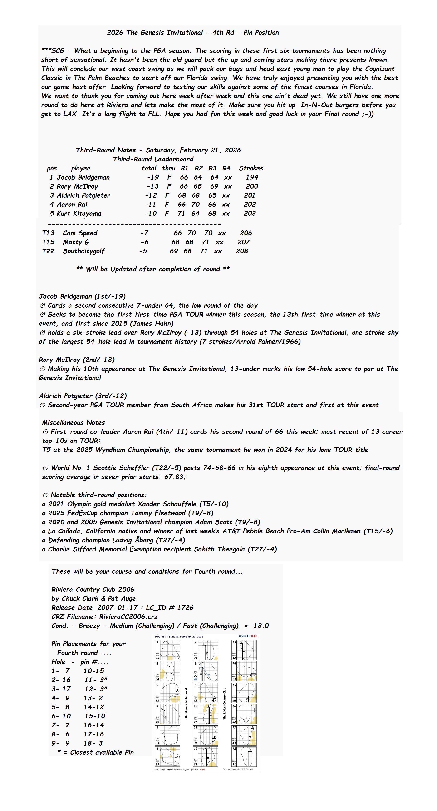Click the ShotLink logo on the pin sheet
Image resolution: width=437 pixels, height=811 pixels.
248,636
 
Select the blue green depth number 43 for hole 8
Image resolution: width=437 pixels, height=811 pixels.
195,679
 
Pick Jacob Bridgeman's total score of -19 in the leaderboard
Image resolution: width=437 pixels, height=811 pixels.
153,177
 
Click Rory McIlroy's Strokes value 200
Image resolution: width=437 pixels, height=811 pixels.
252,186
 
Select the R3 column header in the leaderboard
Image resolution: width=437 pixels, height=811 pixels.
212,168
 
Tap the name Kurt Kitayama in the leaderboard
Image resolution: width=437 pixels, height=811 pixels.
79,213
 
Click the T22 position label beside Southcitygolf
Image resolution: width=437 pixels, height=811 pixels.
48,251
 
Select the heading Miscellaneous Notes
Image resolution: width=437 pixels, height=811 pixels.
73,422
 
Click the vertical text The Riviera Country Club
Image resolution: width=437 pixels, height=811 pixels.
224,704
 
